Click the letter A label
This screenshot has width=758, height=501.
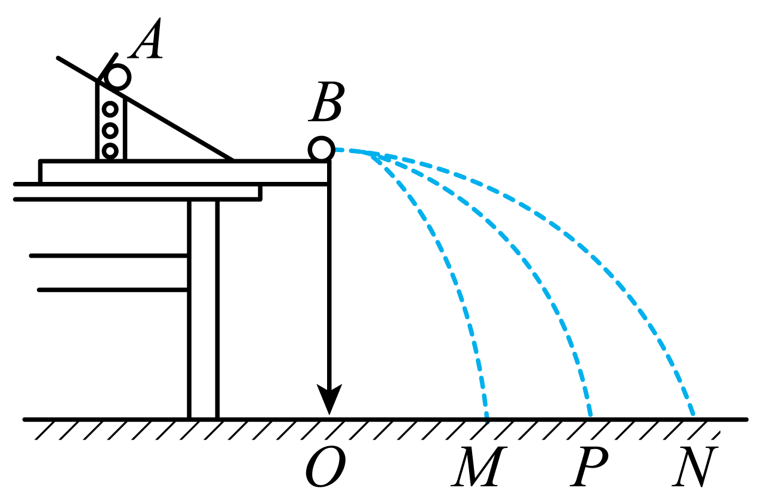pos(146,39)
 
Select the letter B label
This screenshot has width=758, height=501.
pos(326,101)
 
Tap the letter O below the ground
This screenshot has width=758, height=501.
pos(325,467)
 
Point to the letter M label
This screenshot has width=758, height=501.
pos(479,466)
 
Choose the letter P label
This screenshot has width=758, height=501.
pos(589,466)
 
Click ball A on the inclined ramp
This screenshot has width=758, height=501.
pos(118,78)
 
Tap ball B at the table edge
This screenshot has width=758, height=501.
pos(322,149)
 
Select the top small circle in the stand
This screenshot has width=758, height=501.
pos(110,109)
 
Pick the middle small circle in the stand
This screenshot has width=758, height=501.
pos(110,130)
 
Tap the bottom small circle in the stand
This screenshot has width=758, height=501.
pos(110,151)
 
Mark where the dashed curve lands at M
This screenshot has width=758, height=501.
pos(486,419)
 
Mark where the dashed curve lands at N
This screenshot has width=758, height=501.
pos(693,414)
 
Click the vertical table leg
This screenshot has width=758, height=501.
pos(203,310)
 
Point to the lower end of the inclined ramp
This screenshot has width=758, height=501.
pos(232,159)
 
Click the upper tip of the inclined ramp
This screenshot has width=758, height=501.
pos(58,58)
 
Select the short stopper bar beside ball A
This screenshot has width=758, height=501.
pos(107,67)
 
